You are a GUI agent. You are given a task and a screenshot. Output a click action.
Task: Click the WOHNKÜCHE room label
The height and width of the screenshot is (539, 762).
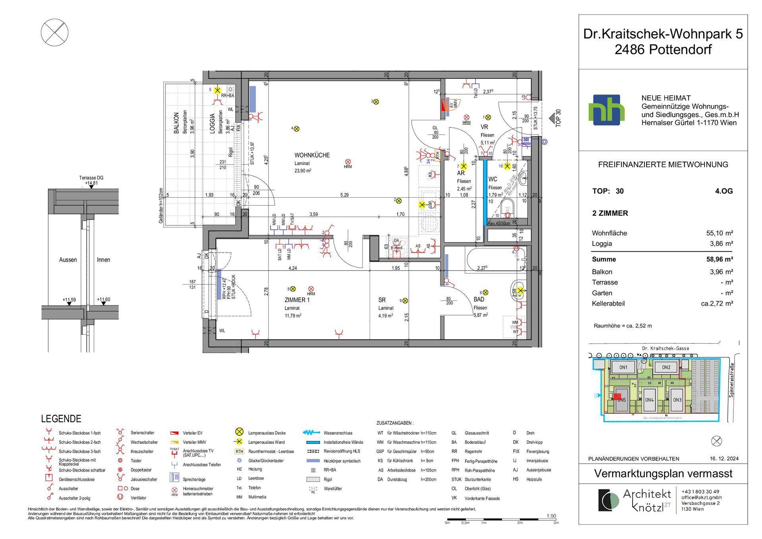[312, 155]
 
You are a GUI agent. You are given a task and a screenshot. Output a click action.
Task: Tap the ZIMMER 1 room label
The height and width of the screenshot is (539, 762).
[297, 300]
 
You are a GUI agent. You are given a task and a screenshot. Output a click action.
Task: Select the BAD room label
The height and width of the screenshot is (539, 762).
[479, 300]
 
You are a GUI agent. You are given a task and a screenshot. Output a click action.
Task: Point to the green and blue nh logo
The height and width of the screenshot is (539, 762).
[606, 110]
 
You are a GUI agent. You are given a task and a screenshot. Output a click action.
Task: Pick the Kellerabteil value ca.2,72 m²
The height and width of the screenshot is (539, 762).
[717, 304]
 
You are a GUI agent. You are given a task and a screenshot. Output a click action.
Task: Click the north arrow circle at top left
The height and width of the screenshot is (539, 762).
[55, 33]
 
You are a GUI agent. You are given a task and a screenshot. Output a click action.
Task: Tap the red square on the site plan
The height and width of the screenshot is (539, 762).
[618, 397]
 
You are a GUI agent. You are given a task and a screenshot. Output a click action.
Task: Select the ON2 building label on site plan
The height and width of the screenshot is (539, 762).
[666, 367]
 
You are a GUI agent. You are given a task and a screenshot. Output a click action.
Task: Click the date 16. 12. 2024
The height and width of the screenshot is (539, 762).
[724, 458]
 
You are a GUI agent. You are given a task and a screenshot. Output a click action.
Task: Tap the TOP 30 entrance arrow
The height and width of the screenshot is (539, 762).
[552, 118]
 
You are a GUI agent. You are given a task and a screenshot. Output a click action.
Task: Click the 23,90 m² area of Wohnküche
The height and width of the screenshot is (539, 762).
[302, 171]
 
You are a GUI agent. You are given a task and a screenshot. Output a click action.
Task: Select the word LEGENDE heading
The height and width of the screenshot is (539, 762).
[61, 419]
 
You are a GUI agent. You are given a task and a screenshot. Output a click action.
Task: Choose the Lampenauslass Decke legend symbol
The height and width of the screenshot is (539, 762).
[239, 432]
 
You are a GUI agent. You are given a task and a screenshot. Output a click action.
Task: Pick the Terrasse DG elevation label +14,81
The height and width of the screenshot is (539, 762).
[91, 183]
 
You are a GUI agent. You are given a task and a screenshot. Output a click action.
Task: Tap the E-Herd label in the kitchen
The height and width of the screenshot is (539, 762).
[396, 248]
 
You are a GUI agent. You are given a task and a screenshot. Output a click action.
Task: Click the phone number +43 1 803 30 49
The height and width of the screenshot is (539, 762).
[700, 491]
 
